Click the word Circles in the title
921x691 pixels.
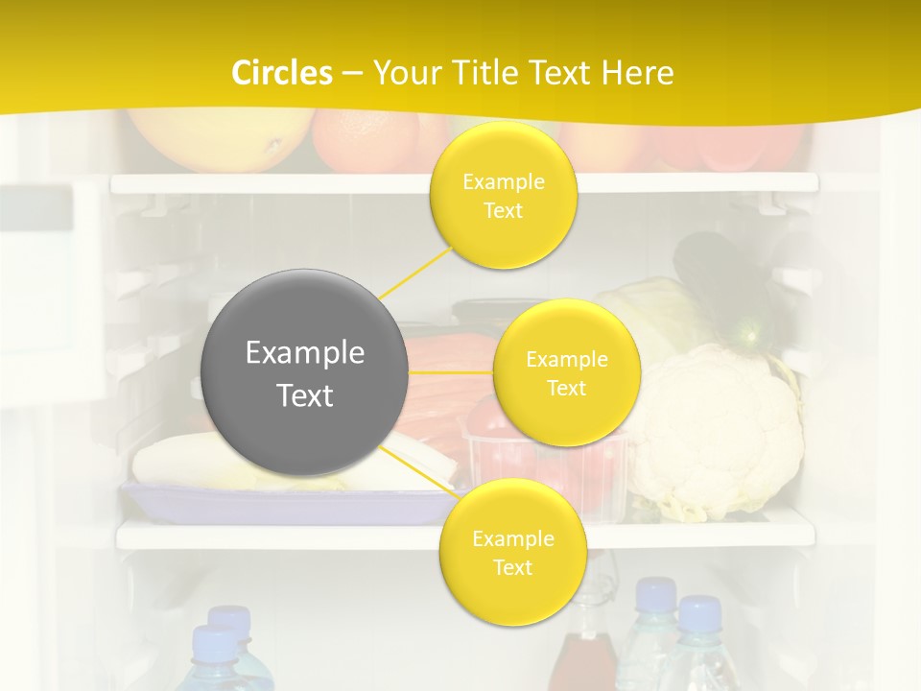tap(281, 73)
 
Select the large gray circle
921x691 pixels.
tap(305, 372)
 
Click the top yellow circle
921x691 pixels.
tap(503, 196)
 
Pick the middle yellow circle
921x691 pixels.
tap(566, 372)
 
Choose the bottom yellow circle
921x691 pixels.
tap(512, 552)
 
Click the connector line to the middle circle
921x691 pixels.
tap(451, 371)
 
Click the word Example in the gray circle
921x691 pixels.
tap(305, 353)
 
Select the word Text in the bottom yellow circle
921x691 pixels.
tap(512, 567)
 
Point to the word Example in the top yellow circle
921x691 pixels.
tap(503, 182)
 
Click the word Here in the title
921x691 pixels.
tap(638, 73)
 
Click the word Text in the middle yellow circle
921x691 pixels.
tap(566, 388)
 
